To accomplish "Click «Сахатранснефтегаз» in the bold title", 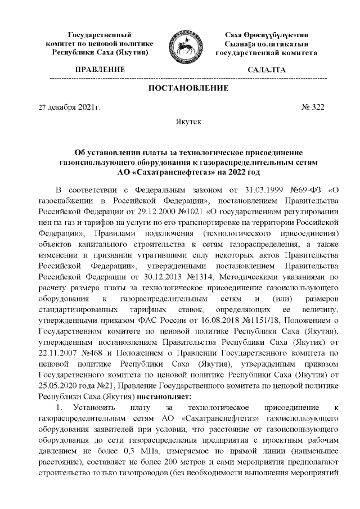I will click(x=174, y=172).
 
